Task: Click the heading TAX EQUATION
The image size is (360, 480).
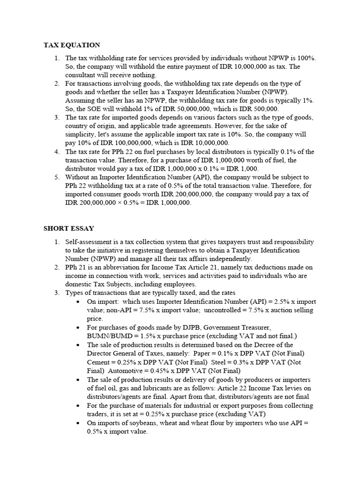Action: point(72,45)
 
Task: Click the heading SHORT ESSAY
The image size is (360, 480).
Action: point(69,228)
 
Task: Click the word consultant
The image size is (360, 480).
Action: point(80,75)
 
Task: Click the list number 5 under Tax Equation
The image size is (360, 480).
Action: point(56,177)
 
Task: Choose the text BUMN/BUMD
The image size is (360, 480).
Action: point(107,336)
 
